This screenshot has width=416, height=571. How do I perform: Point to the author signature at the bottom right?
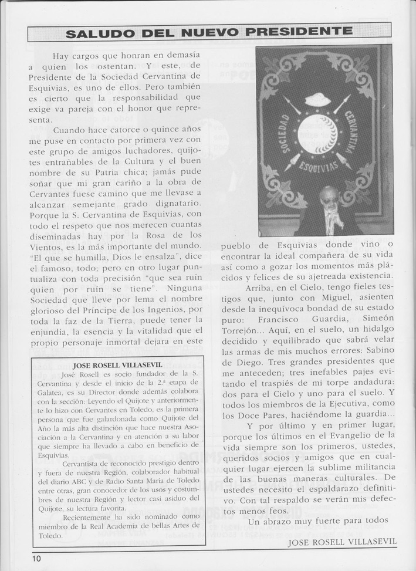[342, 542]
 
